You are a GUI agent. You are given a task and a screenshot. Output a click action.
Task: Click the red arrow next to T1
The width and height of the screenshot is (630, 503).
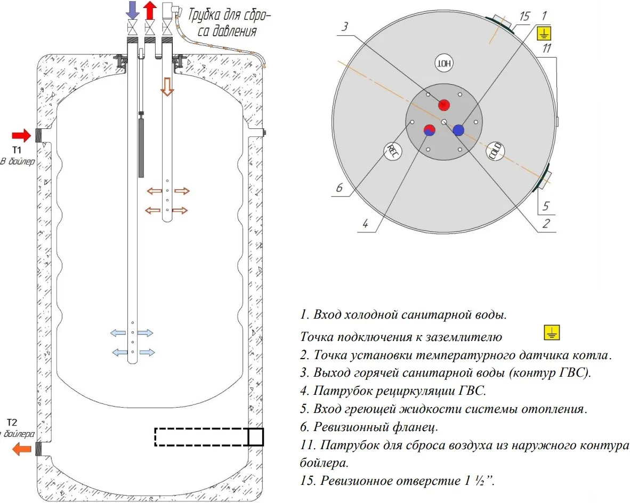[x=21, y=134]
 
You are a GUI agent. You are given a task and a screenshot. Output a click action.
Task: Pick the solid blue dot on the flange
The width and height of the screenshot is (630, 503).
[x=458, y=129]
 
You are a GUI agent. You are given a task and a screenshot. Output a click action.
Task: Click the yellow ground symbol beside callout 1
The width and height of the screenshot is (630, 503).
[x=544, y=35]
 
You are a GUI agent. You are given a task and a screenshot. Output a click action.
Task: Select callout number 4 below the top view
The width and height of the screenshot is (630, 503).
[x=365, y=223]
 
